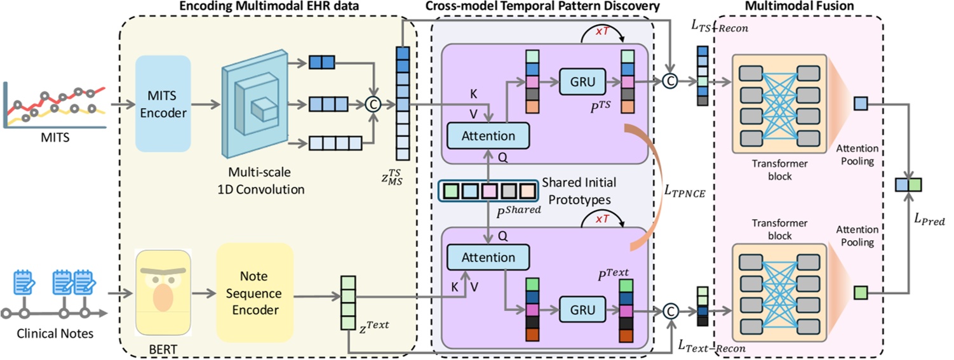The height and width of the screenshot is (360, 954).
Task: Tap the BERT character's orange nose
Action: (163, 300)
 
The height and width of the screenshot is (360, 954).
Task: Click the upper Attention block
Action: (488, 135)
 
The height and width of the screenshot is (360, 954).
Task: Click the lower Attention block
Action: (488, 257)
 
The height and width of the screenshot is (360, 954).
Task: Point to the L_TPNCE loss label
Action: (684, 190)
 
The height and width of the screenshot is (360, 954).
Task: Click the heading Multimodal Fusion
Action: (799, 6)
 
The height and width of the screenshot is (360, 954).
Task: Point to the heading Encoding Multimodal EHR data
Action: (269, 6)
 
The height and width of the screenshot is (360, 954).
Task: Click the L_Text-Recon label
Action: (711, 348)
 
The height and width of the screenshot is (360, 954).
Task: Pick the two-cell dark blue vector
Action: (321, 63)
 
